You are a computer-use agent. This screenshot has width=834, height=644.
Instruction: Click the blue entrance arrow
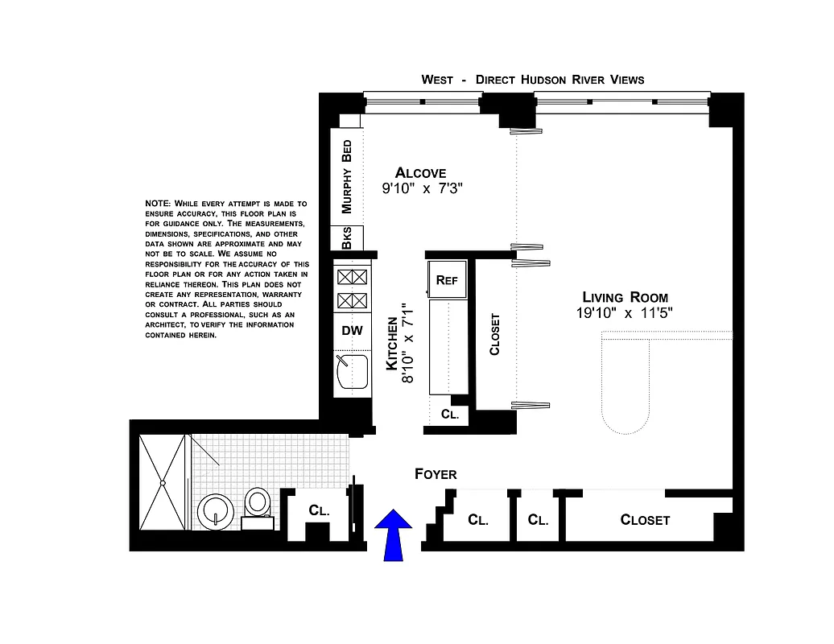393,535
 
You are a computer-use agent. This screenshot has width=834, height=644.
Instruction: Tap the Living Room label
625,297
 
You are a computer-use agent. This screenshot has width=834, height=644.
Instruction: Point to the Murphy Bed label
347,176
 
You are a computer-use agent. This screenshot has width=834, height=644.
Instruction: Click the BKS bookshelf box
347,238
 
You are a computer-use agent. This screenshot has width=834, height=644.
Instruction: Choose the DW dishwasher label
353,330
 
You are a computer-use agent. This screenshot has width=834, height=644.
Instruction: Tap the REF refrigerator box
447,280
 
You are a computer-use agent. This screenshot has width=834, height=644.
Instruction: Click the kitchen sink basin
352,373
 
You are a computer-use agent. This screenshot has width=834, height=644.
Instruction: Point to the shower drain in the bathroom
163,483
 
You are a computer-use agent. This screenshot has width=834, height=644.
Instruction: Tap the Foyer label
436,474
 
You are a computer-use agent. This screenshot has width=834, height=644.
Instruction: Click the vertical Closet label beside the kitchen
494,333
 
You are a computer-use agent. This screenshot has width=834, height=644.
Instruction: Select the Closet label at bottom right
645,520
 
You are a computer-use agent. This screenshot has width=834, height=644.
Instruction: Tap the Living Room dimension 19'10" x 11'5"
624,313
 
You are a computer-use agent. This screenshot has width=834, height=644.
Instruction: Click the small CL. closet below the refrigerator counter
450,415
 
